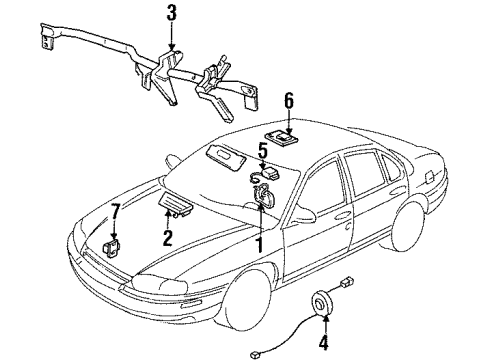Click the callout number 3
point(171,15)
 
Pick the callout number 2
point(168,237)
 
